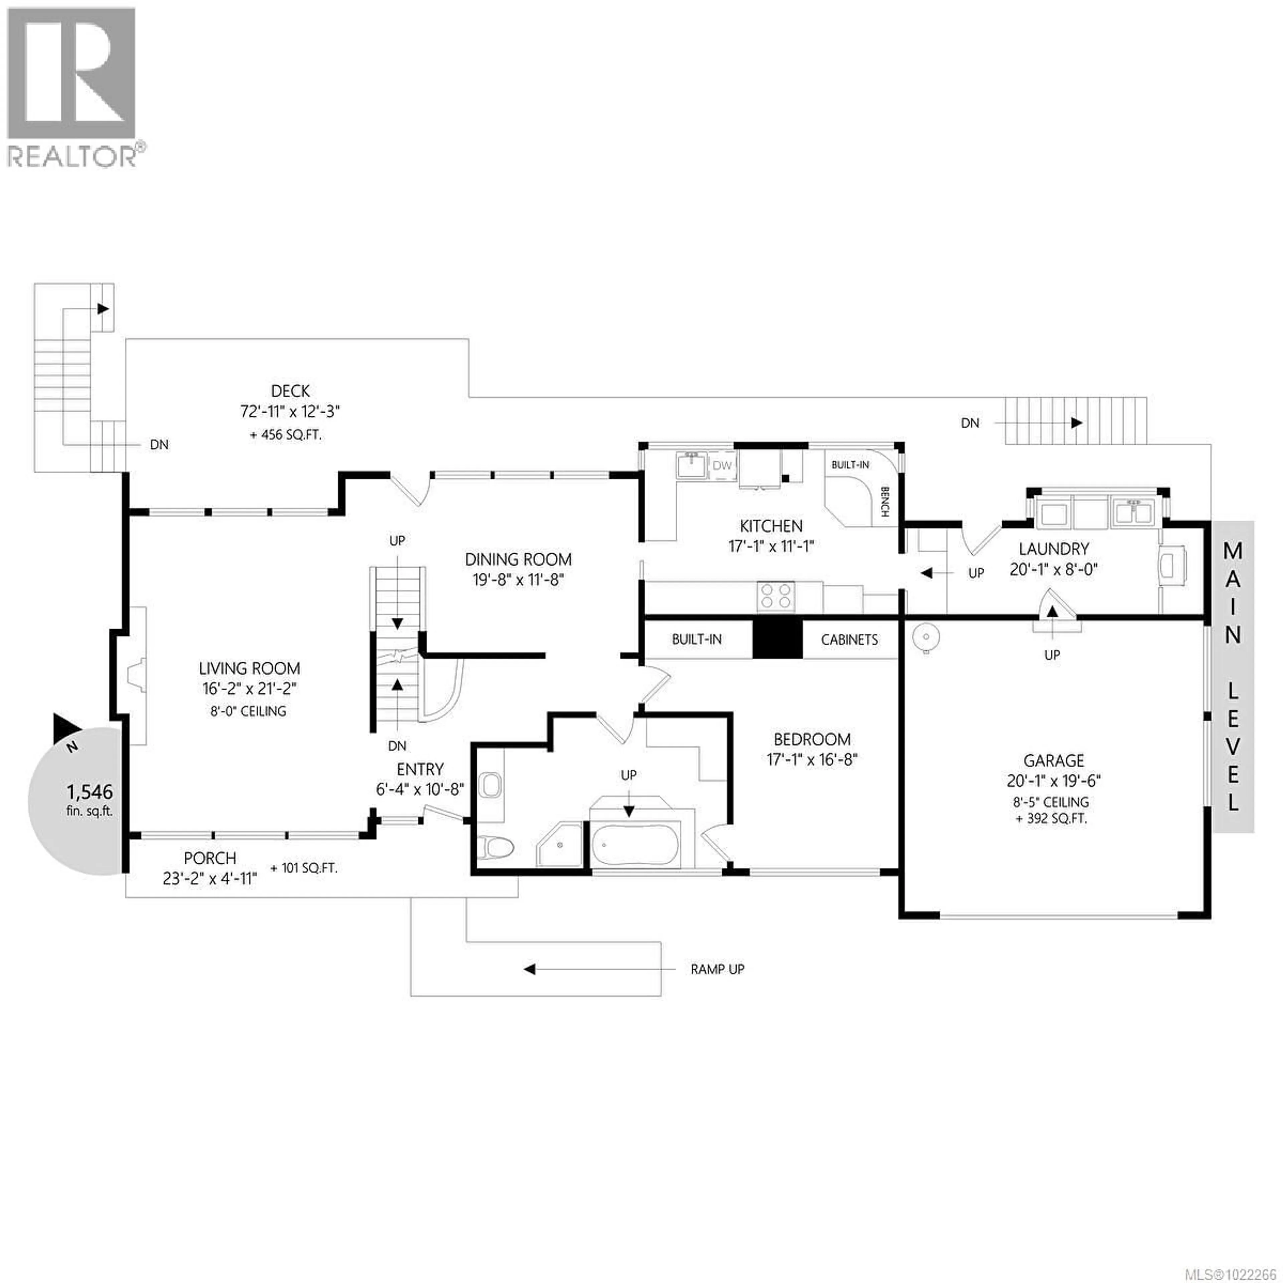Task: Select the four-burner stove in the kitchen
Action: tap(775, 595)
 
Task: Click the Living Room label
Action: tap(249, 668)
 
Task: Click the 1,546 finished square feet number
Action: tap(90, 792)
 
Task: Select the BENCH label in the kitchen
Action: tap(884, 502)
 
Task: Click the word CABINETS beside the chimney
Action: tap(849, 639)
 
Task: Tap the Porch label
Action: tap(210, 858)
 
